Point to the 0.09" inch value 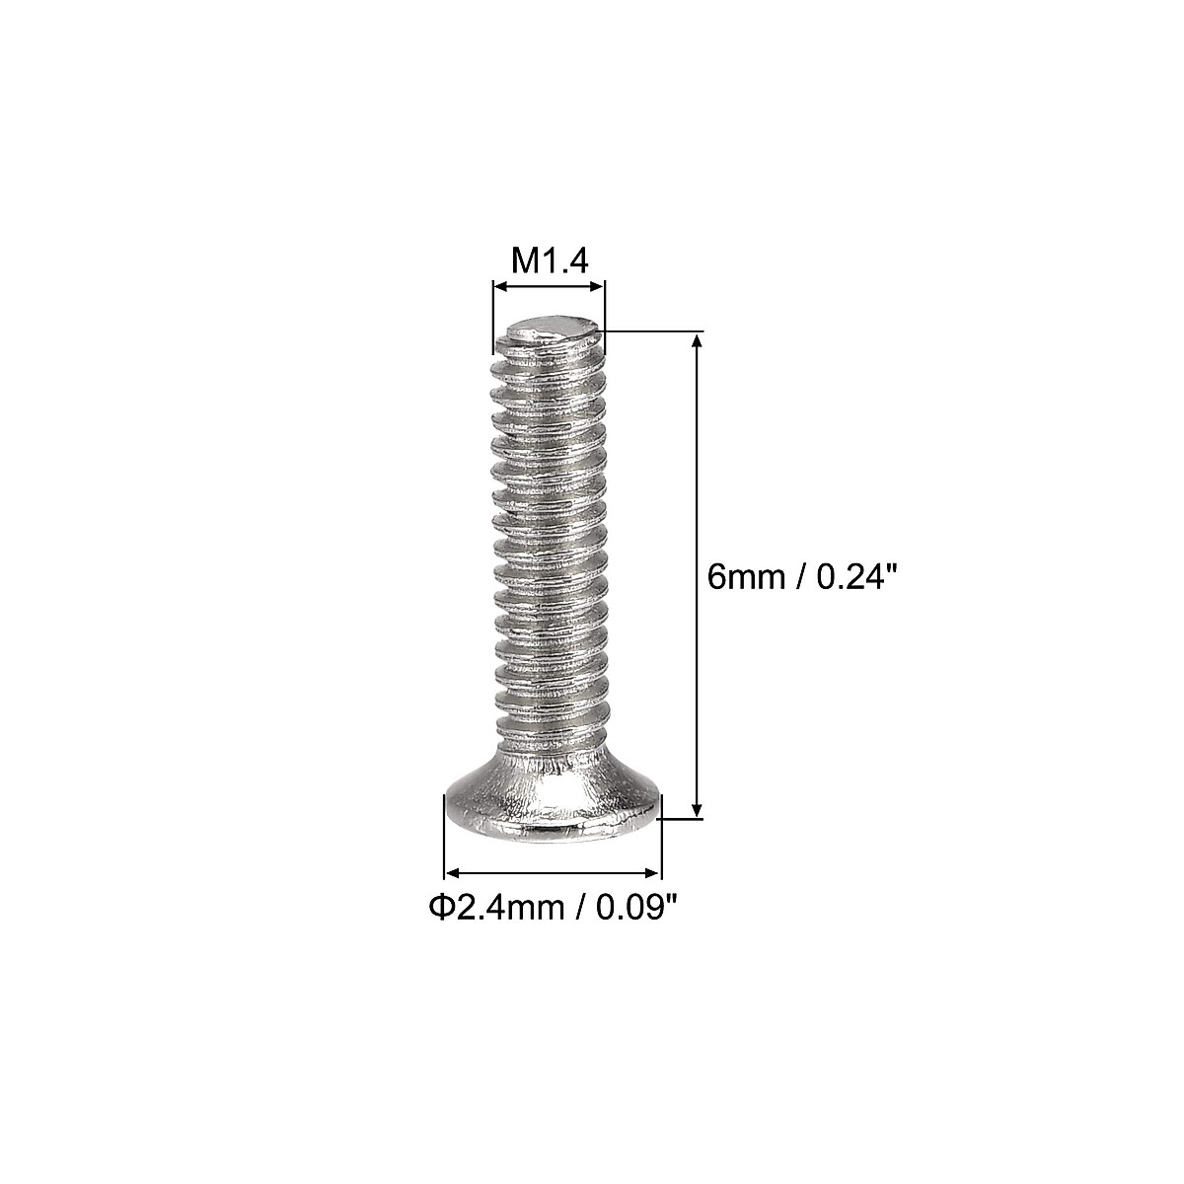click(x=626, y=907)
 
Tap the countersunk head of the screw click(x=551, y=809)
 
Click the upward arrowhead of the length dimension click(x=698, y=341)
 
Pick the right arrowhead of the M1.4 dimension click(x=597, y=287)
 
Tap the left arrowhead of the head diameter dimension click(x=453, y=872)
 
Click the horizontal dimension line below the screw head click(x=553, y=872)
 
